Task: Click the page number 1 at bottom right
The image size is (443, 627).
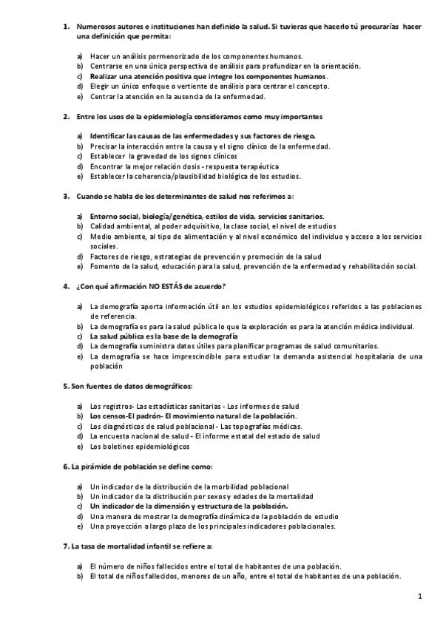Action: [x=419, y=596]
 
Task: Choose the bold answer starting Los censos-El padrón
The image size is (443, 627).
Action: [x=192, y=416]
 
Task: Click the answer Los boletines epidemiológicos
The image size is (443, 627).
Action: [x=141, y=446]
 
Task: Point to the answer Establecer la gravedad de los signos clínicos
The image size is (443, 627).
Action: [x=163, y=156]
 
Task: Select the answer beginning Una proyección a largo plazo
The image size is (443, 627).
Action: [x=212, y=526]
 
